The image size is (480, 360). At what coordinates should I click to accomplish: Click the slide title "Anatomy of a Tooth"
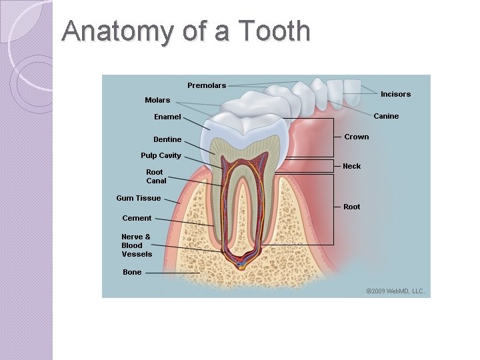click(x=185, y=31)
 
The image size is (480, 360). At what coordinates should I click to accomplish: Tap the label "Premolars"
click(x=207, y=85)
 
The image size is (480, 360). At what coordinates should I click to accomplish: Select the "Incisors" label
click(x=395, y=94)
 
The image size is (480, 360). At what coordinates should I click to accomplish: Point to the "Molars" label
click(x=157, y=100)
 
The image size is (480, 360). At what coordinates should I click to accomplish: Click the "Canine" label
click(x=386, y=116)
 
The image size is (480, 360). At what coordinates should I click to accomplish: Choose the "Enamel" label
click(x=167, y=117)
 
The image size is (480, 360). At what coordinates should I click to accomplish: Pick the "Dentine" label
click(x=167, y=139)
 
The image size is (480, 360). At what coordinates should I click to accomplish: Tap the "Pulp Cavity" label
click(x=161, y=155)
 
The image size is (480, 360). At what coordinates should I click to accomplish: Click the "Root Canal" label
click(x=156, y=176)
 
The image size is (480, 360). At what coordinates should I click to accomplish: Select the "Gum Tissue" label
click(x=138, y=198)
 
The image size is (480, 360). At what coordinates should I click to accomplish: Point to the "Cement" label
click(x=137, y=218)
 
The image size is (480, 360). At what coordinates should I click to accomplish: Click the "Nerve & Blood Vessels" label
click(x=137, y=245)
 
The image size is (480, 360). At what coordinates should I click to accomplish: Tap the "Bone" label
click(x=132, y=272)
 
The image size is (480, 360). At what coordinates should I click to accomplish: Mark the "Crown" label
click(x=356, y=137)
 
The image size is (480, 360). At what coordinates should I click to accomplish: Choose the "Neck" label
click(x=351, y=166)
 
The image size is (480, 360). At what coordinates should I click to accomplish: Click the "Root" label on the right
click(x=351, y=207)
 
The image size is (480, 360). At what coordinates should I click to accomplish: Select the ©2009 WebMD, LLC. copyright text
click(x=395, y=291)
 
